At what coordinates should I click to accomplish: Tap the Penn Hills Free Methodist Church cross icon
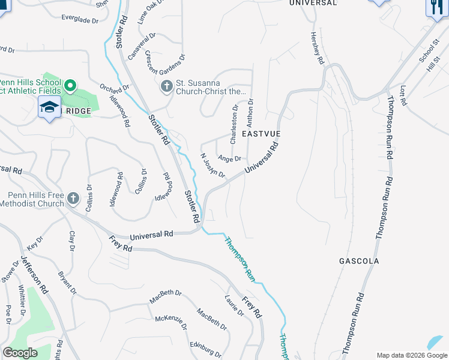[x=73, y=198]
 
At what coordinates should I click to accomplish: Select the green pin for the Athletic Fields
[x=70, y=86]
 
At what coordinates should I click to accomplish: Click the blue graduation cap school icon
[x=49, y=107]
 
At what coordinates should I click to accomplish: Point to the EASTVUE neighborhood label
[x=261, y=134]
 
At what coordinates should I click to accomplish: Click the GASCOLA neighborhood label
[x=358, y=262]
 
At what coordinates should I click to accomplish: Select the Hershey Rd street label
[x=317, y=49]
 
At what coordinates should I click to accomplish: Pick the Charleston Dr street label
[x=234, y=124]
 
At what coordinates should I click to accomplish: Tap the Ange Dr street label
[x=229, y=158]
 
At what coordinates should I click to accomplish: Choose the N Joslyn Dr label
[x=212, y=166]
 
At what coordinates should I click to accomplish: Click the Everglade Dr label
[x=79, y=20]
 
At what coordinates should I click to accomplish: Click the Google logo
[x=20, y=353]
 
